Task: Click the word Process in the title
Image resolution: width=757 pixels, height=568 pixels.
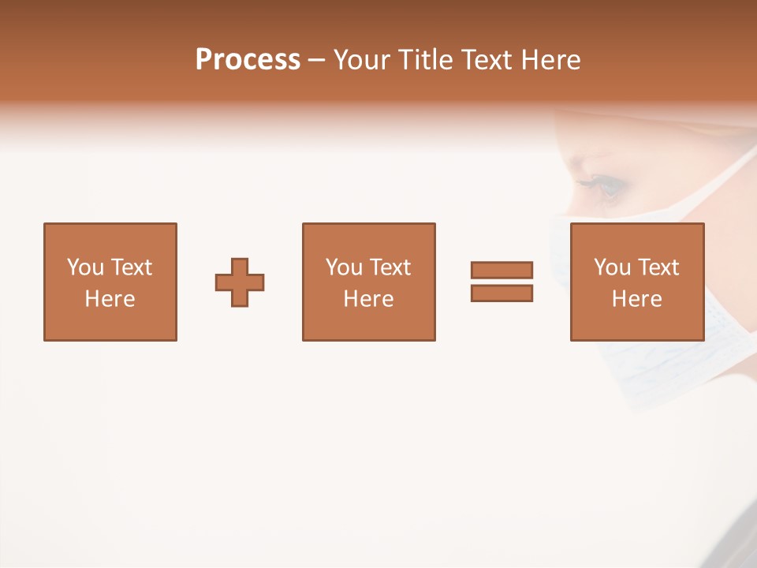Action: pos(248,60)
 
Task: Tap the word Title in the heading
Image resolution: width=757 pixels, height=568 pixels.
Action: pos(427,60)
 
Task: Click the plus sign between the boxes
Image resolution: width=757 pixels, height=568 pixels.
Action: pos(240,282)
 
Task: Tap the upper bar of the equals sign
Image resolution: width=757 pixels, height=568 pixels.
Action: pos(502,270)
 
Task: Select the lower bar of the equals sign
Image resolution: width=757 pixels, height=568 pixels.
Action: pos(502,293)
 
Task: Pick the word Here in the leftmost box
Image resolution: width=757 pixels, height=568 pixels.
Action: pos(110,299)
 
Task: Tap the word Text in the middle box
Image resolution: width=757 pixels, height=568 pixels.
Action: pos(390,267)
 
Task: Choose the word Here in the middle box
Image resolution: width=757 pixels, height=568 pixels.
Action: pos(368,299)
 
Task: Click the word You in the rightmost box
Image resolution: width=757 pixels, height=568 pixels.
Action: pos(612,267)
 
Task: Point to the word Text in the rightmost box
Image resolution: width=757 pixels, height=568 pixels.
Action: pos(658,267)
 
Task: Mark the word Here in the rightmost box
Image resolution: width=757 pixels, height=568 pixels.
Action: pos(636,299)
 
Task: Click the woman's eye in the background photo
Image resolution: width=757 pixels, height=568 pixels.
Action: pos(608,186)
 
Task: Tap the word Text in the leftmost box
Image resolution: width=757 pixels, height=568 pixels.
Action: pos(131,267)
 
